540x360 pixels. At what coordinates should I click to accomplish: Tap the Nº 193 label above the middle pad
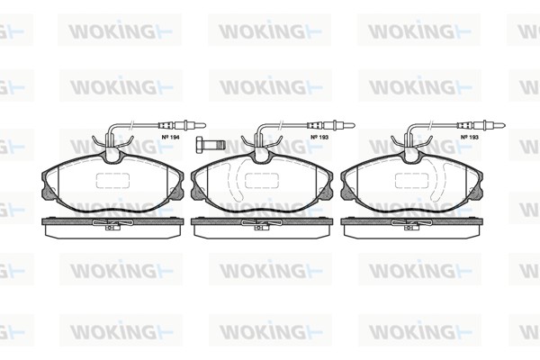point(318,137)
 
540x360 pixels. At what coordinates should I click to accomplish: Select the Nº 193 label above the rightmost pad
point(468,137)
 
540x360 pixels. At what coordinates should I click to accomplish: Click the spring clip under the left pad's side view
point(112,226)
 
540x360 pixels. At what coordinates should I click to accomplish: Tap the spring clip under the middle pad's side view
point(262,226)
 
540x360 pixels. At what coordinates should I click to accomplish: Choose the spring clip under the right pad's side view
point(413,226)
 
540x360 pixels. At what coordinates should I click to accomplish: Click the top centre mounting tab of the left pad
point(112,156)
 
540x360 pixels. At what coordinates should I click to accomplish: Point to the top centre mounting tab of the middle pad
point(262,156)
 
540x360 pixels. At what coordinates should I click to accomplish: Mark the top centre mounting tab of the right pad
point(413,156)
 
